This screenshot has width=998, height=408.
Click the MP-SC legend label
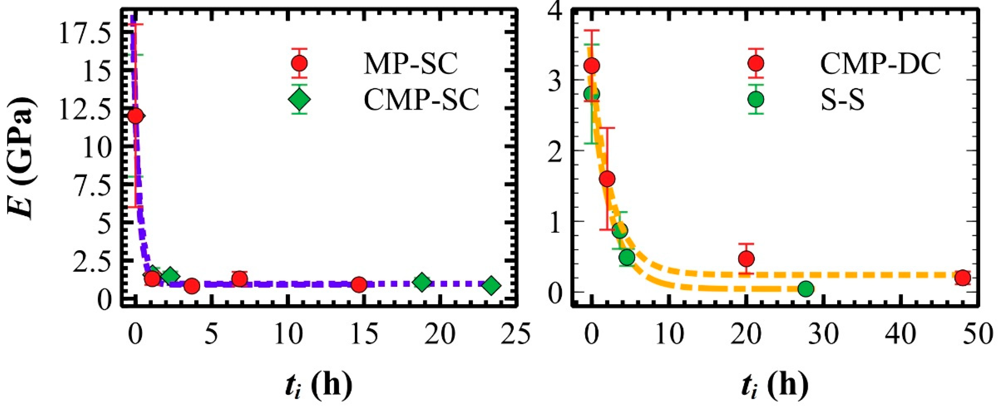tap(411, 64)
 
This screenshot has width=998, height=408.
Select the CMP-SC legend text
tap(421, 100)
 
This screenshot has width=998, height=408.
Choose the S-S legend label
tap(843, 100)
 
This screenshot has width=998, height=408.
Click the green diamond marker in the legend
tap(299, 99)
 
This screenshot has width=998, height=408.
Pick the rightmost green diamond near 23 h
tap(492, 286)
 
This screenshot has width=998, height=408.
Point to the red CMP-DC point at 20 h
tap(746, 258)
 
